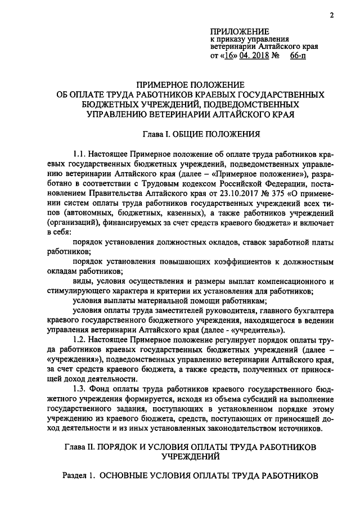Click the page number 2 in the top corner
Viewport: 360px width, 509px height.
click(332, 16)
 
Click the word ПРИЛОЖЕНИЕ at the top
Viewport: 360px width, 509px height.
click(239, 30)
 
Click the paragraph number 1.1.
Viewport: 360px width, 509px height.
click(82, 154)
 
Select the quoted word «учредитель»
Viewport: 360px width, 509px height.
click(252, 329)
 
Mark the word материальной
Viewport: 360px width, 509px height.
click(167, 301)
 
